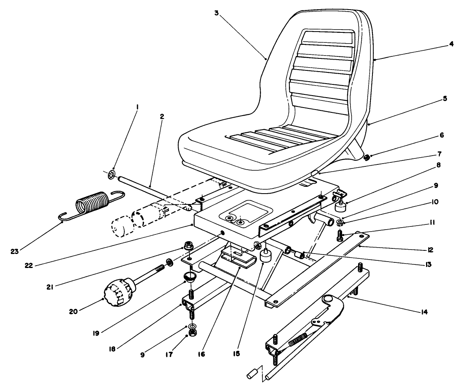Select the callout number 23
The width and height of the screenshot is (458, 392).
(x=15, y=251)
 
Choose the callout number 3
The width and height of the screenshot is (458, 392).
(x=216, y=13)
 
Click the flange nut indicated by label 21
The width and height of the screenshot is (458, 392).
(x=187, y=245)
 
